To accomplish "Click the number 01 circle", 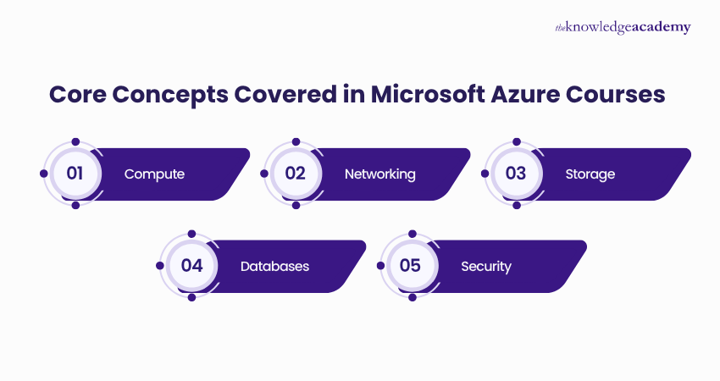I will pyautogui.click(x=75, y=174).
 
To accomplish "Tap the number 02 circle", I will pyautogui.click(x=295, y=174).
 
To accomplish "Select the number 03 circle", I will pyautogui.click(x=516, y=174).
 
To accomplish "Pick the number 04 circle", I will pyautogui.click(x=191, y=265).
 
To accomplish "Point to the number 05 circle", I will pyautogui.click(x=411, y=265).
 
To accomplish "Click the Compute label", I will pyautogui.click(x=154, y=174).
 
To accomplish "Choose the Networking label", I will pyautogui.click(x=379, y=174).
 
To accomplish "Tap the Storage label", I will pyautogui.click(x=590, y=174).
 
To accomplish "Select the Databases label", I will pyautogui.click(x=274, y=266).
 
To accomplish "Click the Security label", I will pyautogui.click(x=486, y=266).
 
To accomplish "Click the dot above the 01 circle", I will pyautogui.click(x=75, y=141).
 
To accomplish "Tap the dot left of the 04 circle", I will pyautogui.click(x=160, y=265).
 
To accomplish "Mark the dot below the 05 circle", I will pyautogui.click(x=411, y=297).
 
